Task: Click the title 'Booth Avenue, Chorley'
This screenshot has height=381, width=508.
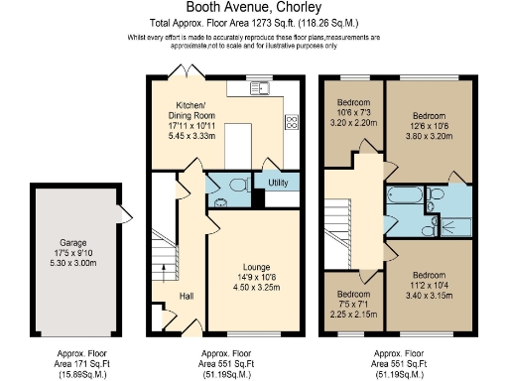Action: [253, 8]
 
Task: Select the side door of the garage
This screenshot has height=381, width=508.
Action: [118, 212]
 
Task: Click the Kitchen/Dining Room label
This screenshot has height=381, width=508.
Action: [190, 110]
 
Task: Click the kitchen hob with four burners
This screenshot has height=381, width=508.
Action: [293, 123]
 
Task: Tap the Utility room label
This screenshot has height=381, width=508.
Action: [277, 183]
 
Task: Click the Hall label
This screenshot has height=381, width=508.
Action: [186, 295]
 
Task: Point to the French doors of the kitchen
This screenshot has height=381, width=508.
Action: [181, 71]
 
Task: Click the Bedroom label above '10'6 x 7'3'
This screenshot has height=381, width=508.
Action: [354, 102]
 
